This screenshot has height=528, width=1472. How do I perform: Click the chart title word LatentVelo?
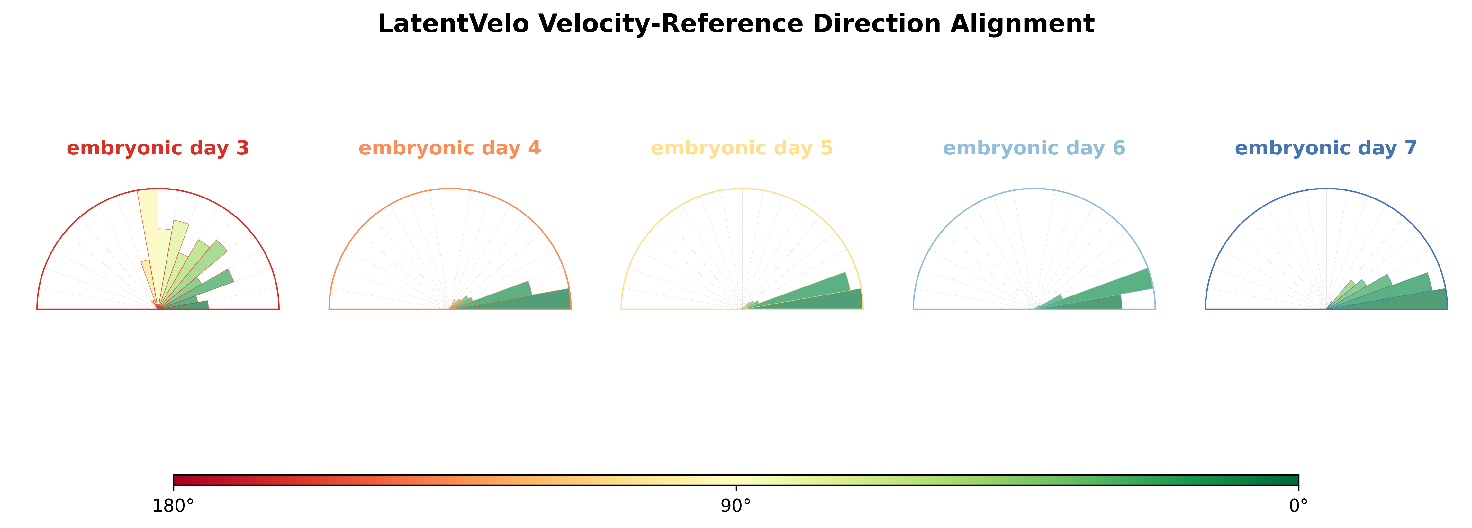click(453, 24)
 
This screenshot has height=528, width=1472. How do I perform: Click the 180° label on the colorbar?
click(173, 506)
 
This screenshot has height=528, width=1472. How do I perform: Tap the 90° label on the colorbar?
click(736, 506)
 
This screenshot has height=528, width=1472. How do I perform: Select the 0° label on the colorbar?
click(1299, 506)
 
